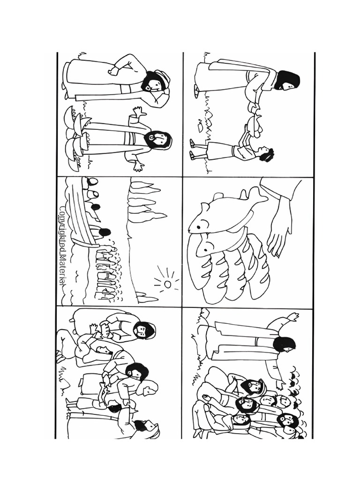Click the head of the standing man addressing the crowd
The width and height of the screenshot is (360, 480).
[284, 345]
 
